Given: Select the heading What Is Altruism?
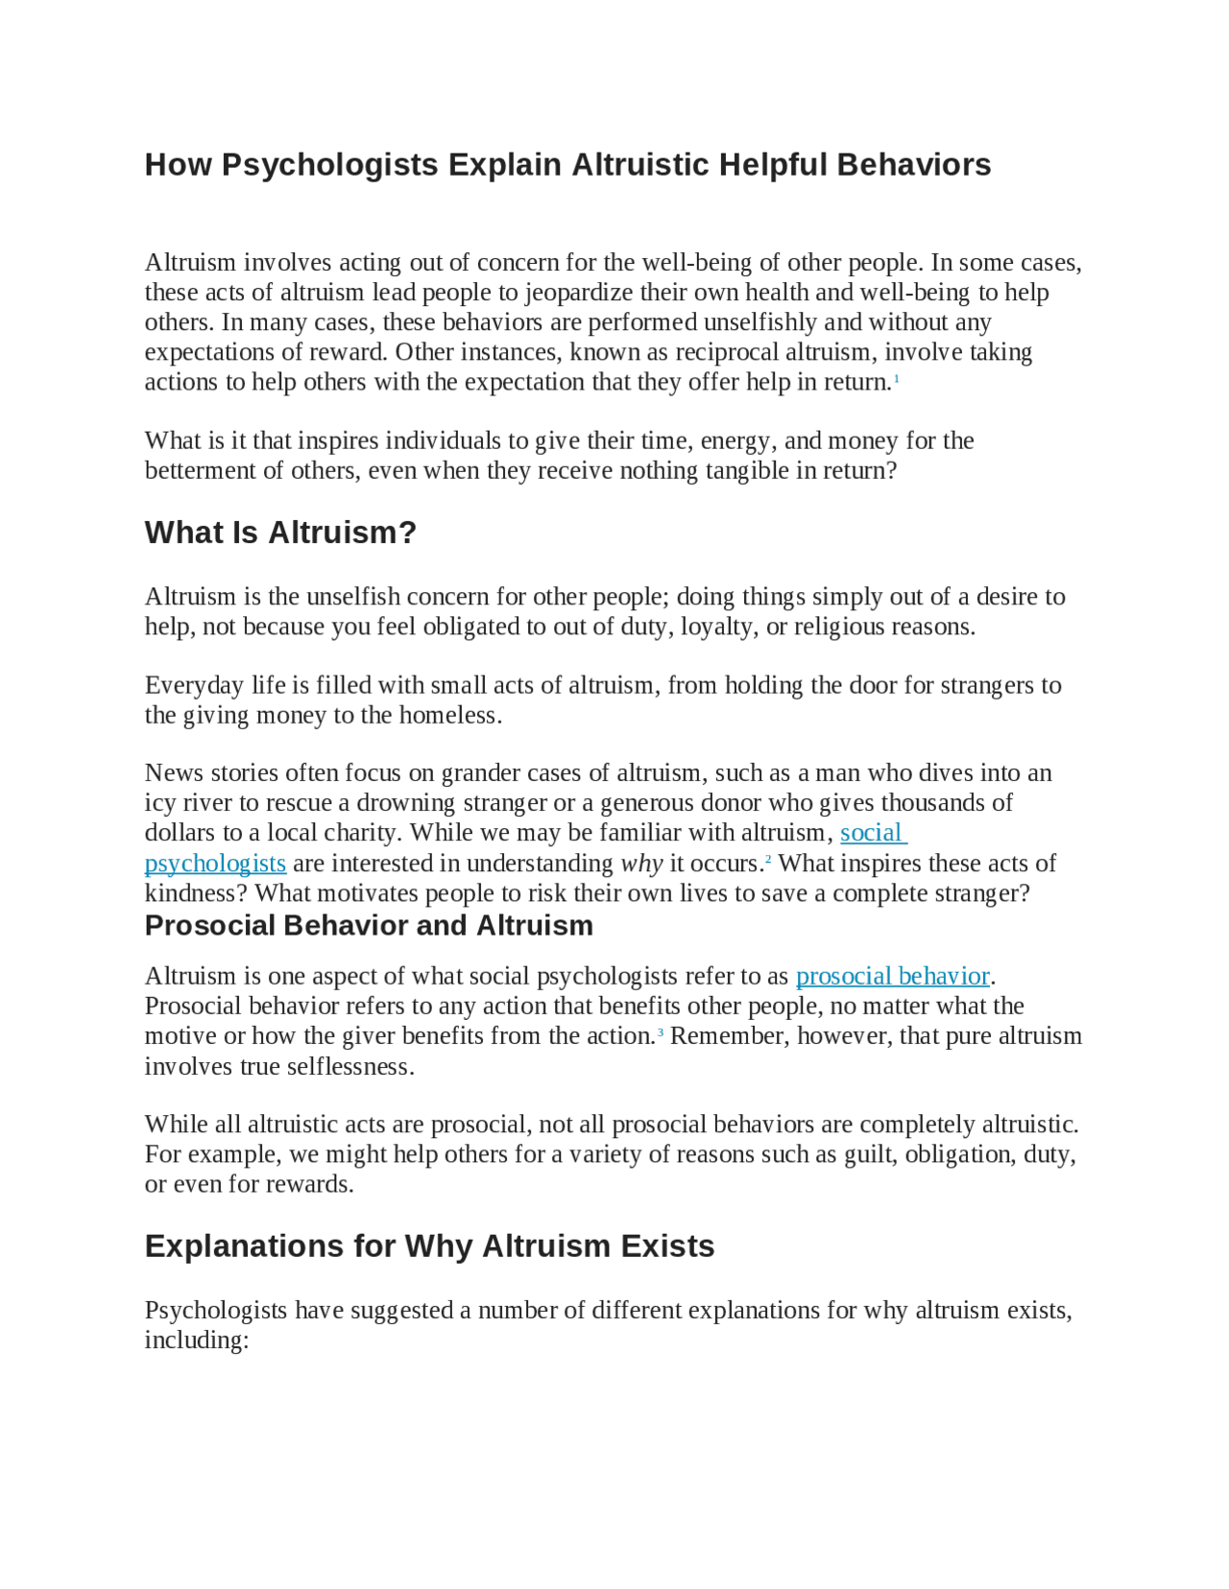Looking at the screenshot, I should [x=280, y=533].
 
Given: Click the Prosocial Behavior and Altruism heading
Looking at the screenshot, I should [x=369, y=925].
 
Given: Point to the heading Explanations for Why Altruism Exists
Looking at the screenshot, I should [x=429, y=1245].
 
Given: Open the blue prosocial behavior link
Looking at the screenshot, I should [x=892, y=976].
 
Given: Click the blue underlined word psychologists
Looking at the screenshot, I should [x=215, y=864].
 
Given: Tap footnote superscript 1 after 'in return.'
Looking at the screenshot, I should [x=897, y=379].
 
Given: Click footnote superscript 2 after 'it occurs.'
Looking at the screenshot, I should [x=768, y=860].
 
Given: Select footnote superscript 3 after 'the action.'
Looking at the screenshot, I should [x=661, y=1032].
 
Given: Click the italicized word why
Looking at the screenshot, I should [x=641, y=864].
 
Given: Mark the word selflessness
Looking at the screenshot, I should [x=349, y=1067].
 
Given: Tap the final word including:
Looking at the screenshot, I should [x=197, y=1340].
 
